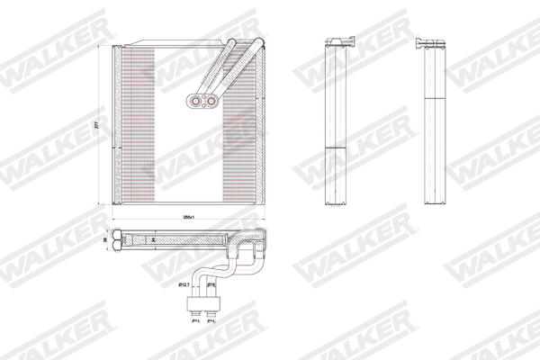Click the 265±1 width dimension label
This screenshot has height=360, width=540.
[x=189, y=218]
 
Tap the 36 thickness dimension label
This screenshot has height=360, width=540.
[x=105, y=240]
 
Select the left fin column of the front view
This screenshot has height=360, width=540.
[x=136, y=126]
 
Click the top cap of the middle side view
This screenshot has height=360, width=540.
[x=342, y=40]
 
